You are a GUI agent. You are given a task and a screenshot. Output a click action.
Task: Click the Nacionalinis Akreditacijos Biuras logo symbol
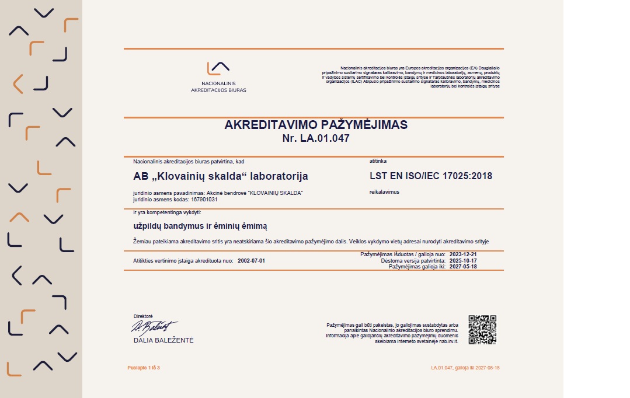coord(218,69)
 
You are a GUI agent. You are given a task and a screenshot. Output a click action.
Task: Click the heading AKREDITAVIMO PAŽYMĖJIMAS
coord(316,125)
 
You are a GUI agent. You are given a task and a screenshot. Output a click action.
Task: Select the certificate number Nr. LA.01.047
coord(316,138)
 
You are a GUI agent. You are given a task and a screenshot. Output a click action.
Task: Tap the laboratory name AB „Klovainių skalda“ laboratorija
coord(221,176)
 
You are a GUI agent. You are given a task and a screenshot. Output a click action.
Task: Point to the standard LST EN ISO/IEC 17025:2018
coord(431,176)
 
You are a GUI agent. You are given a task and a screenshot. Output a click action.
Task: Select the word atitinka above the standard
coord(378,160)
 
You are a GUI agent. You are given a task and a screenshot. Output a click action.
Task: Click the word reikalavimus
coord(384,191)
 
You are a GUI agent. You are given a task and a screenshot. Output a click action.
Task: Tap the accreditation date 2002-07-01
coord(252,260)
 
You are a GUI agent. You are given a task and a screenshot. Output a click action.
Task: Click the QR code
coord(482,330)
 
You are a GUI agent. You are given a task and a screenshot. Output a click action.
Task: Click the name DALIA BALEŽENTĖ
coord(163,340)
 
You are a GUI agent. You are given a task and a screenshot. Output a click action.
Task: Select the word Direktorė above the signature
coord(143,316)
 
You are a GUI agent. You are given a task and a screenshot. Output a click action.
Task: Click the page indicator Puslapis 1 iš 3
coord(143,368)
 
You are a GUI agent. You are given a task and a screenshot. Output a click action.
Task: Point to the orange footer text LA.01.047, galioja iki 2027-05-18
coord(465,368)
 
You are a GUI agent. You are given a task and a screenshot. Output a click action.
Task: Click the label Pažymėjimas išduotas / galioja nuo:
coord(403,254)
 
